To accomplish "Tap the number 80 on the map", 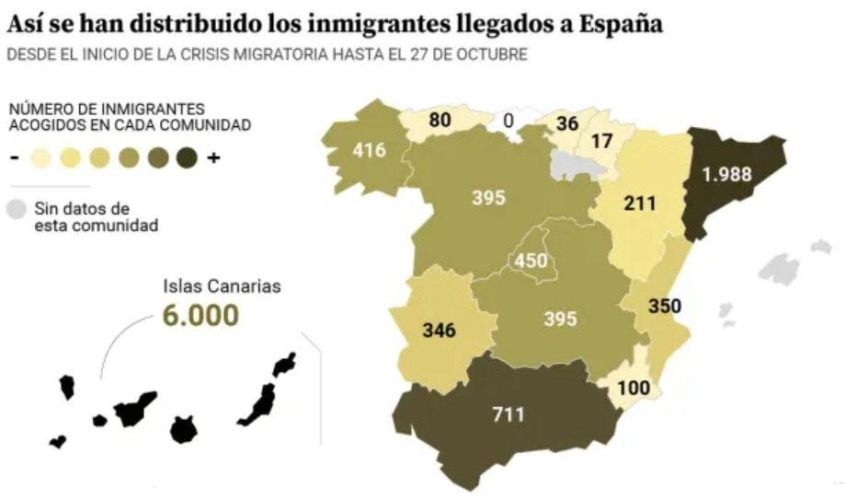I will click(x=440, y=119).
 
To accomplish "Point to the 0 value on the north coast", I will click(x=508, y=120).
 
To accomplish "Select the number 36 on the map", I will click(x=567, y=122).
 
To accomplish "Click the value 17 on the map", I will click(x=602, y=142).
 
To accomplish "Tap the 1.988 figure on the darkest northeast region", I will click(x=734, y=173).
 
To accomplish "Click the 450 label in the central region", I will click(x=531, y=262).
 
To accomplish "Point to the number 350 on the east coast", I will click(x=664, y=306).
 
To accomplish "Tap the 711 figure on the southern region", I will click(x=507, y=414).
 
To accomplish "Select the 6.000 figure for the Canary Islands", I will click(x=200, y=315).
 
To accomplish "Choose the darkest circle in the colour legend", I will click(x=189, y=157).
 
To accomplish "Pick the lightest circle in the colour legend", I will click(x=40, y=157).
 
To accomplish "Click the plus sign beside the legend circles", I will click(x=214, y=157).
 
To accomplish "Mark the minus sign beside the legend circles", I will click(x=15, y=157).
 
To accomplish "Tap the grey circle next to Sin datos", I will click(x=16, y=209).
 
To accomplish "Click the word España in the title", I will click(x=622, y=23).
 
